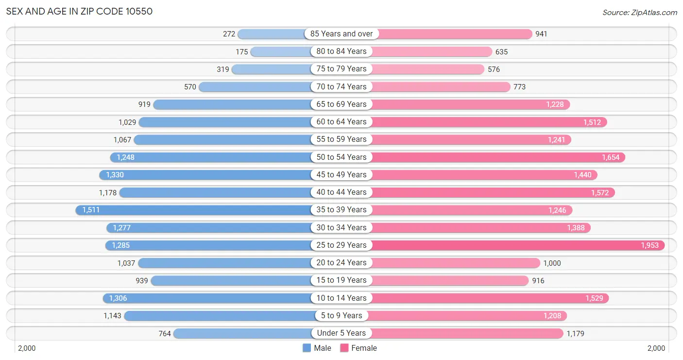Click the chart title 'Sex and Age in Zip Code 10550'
[x=79, y=11]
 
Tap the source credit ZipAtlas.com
[x=639, y=13]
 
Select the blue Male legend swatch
[x=307, y=348]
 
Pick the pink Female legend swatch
[x=344, y=348]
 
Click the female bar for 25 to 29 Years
[x=518, y=245]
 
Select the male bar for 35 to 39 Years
[x=194, y=210]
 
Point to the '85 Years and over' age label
[x=341, y=34]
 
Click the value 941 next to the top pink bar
[x=541, y=34]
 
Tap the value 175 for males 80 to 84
[x=242, y=51]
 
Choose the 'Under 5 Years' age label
[x=341, y=333]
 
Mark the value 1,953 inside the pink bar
[x=649, y=245]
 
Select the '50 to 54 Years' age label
[x=341, y=157]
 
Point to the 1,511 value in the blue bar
[x=91, y=210]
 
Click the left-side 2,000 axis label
[x=27, y=348]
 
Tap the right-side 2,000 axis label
[x=656, y=348]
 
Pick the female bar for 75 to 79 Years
[x=427, y=69]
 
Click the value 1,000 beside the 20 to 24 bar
[x=552, y=263]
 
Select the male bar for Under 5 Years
[x=243, y=333]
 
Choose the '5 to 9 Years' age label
[x=341, y=315]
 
